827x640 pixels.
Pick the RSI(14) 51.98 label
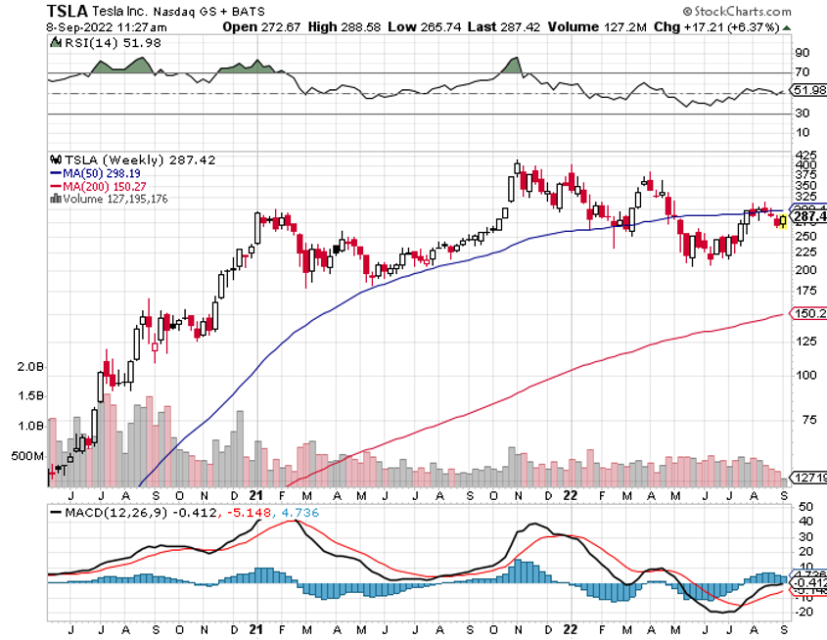pyautogui.click(x=98, y=43)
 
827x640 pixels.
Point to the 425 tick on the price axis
pyautogui.click(x=805, y=155)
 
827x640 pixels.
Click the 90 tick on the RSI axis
pyautogui.click(x=802, y=52)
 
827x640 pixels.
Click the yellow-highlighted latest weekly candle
pyautogui.click(x=782, y=221)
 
